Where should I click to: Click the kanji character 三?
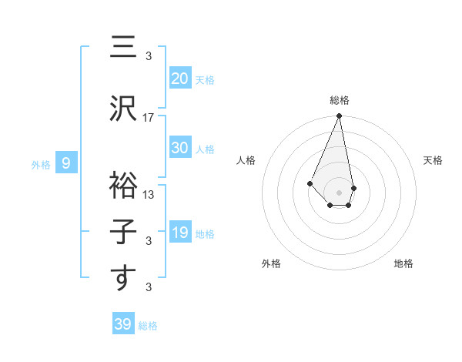[122, 48]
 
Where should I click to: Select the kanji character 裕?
[122, 183]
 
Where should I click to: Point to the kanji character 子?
[122, 231]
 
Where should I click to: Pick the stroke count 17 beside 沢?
[149, 118]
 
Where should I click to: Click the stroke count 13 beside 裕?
[149, 195]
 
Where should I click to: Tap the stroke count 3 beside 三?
[149, 56]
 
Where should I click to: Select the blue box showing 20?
[179, 78]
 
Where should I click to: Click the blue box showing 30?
[179, 148]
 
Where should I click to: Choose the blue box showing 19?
[179, 232]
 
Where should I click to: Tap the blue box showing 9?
[66, 163]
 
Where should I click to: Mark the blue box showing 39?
[122, 324]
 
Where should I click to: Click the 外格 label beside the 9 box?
[41, 164]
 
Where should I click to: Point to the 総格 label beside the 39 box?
[148, 326]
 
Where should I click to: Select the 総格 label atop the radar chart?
[339, 100]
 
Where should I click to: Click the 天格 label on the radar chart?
[433, 160]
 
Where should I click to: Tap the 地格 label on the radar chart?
[403, 263]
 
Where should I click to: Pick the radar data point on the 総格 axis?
[339, 116]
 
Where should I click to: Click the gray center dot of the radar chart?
[339, 192]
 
